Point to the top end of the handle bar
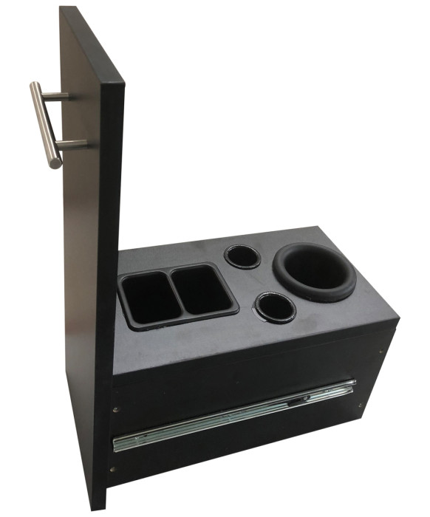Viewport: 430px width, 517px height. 34,86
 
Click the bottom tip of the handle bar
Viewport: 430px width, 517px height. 55,164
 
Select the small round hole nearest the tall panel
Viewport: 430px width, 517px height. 242,256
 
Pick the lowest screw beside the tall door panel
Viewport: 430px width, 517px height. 112,467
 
